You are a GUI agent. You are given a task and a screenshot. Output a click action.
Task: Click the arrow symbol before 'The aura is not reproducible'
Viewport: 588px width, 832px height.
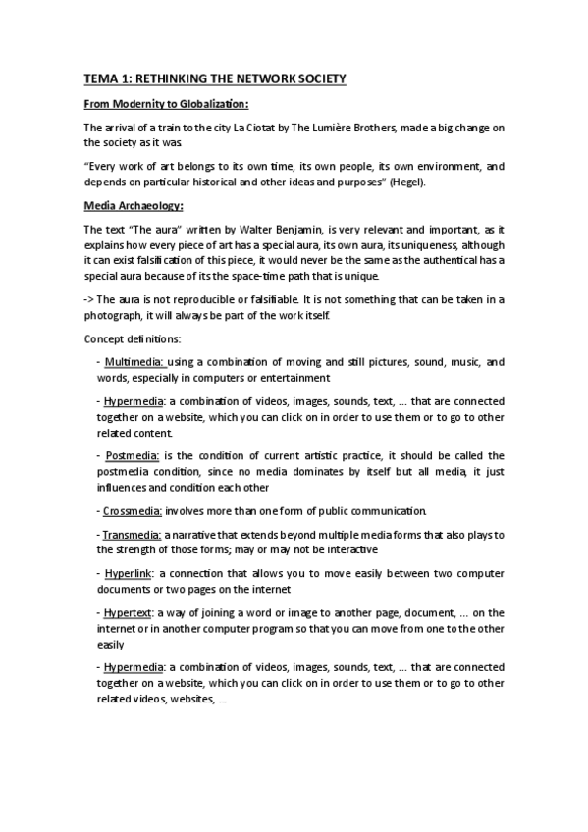(x=88, y=300)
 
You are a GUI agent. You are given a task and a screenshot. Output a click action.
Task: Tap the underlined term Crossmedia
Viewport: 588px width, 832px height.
(x=134, y=511)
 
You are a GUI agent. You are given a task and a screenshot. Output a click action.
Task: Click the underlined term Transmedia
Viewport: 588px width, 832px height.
(x=134, y=535)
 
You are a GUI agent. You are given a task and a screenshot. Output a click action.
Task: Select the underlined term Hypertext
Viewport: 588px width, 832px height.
(x=131, y=613)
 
